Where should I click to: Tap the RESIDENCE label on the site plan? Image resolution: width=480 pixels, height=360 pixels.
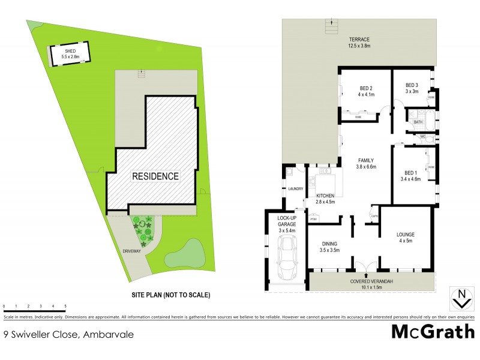pos(155,176)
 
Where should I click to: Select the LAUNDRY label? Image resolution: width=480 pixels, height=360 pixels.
pos(295,190)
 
